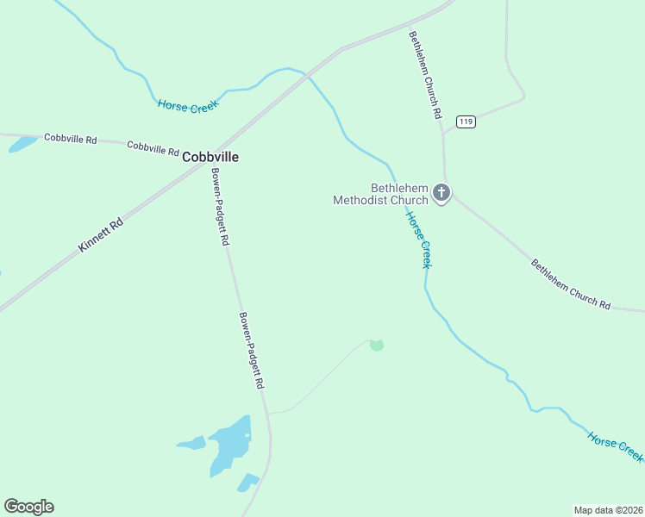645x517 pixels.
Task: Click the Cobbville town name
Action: (x=210, y=157)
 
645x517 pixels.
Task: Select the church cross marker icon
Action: (x=441, y=192)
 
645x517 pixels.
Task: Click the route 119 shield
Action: (x=467, y=121)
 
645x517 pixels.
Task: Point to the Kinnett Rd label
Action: (x=101, y=234)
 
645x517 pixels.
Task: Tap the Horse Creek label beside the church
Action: (x=418, y=240)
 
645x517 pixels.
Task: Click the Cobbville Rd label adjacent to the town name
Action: (x=153, y=147)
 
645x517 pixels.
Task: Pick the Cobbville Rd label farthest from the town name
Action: (x=71, y=138)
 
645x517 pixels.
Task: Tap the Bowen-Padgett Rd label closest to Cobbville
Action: (x=221, y=207)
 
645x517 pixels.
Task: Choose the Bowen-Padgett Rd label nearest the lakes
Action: (x=251, y=350)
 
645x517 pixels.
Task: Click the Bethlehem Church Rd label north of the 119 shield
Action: (x=426, y=75)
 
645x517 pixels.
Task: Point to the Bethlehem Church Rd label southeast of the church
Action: (x=570, y=284)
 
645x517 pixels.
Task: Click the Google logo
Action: (x=28, y=506)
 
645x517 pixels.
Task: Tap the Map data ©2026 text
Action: (x=608, y=509)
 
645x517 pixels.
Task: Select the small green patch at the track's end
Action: (x=376, y=345)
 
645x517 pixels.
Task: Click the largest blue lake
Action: (x=230, y=444)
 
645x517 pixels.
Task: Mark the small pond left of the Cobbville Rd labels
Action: (x=22, y=144)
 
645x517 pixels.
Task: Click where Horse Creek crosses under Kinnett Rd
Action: (x=306, y=76)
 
